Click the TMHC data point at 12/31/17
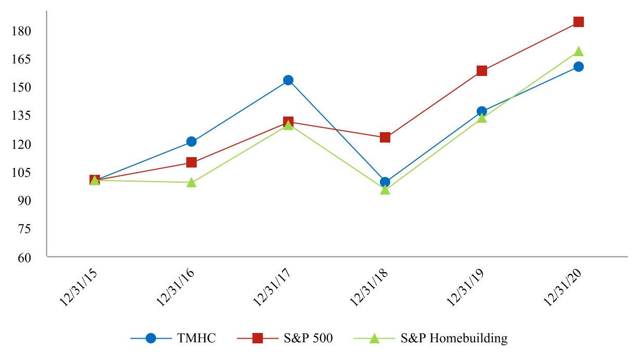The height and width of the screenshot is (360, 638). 288,80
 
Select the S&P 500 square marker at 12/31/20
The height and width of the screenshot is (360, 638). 578,22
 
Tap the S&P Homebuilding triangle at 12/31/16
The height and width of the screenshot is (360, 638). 192,183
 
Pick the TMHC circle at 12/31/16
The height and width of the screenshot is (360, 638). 192,142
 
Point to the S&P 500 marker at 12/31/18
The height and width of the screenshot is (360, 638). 385,137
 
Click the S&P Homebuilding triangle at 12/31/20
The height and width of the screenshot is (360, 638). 578,52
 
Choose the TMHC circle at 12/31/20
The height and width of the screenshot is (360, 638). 578,67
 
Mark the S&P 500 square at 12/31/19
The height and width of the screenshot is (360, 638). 482,71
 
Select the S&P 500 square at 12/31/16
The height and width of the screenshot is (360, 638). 192,162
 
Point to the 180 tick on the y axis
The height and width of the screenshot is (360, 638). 22,31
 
